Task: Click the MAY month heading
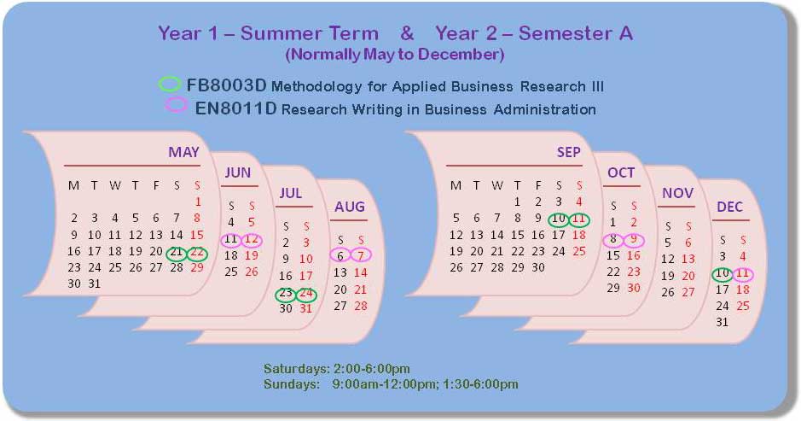pos(184,152)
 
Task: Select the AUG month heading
pos(350,207)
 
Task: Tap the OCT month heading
pos(621,172)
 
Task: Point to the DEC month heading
pos(729,207)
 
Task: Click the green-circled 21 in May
pos(177,251)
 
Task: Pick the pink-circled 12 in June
pos(252,239)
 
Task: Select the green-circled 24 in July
pos(306,293)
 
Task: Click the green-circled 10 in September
pos(559,219)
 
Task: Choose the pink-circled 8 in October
pos(613,239)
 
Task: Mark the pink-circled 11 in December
pos(743,273)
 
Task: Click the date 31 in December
pos(722,322)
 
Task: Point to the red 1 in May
pos(198,202)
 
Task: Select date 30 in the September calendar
pos(538,267)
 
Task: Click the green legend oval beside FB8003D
pos(170,84)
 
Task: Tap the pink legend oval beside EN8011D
pos(176,104)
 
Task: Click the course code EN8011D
pos(235,108)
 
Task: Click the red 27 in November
pos(688,292)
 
